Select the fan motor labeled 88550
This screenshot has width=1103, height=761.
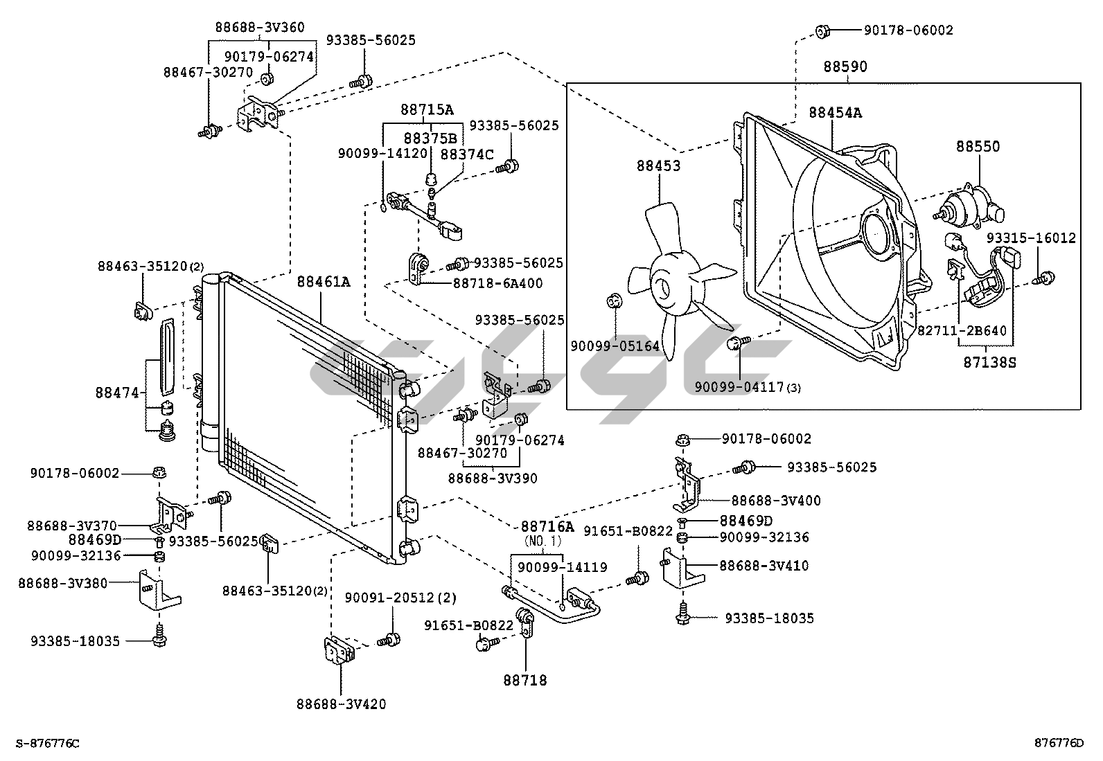[969, 205]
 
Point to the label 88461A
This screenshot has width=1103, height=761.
[324, 282]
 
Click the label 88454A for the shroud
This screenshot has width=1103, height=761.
[835, 112]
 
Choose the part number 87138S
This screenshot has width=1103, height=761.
[989, 362]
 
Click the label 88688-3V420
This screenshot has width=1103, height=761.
[341, 704]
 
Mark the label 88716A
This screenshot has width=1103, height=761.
[547, 526]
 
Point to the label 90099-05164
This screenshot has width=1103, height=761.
[615, 346]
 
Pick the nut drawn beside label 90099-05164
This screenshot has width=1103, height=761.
[614, 301]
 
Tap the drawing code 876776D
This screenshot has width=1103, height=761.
[1058, 744]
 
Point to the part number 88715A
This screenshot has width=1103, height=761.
[427, 109]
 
